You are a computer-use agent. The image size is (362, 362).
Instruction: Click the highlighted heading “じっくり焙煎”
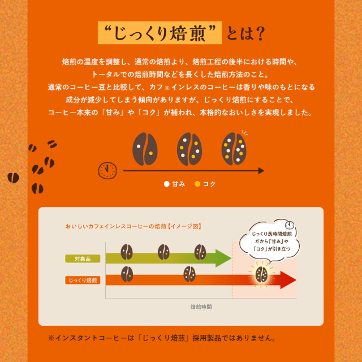[160, 33]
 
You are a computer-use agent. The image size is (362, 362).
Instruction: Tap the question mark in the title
[260, 33]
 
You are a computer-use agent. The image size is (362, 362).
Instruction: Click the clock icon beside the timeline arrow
[107, 171]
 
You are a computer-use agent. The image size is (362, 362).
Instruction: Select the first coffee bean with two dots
[145, 149]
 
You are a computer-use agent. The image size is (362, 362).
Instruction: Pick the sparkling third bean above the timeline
[234, 149]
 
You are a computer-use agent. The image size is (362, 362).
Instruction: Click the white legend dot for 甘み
[167, 184]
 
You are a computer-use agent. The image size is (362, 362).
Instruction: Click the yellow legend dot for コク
[197, 184]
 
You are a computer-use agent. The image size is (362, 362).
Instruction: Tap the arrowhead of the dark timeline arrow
[261, 171]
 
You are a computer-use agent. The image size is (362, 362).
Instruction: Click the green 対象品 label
[83, 258]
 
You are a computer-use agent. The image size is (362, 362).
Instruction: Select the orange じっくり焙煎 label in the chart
[83, 281]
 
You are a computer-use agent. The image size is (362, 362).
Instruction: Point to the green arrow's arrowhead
[223, 258]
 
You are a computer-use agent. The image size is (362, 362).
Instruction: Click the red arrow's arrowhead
[288, 280]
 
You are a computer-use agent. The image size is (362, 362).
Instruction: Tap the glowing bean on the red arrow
[261, 274]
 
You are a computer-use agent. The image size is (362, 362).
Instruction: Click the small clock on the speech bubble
[290, 225]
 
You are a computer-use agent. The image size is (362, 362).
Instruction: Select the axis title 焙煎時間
[201, 307]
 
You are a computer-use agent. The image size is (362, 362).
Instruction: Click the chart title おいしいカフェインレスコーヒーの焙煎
[116, 226]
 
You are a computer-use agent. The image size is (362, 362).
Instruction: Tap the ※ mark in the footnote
[51, 338]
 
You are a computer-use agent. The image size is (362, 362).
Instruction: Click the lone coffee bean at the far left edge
[14, 178]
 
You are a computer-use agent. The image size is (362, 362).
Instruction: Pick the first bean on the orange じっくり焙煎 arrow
[127, 274]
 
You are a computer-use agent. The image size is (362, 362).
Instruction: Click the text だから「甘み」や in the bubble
[271, 242]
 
